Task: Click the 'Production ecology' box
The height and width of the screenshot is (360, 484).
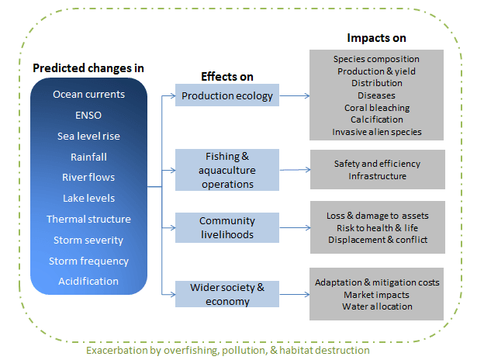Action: click(x=227, y=95)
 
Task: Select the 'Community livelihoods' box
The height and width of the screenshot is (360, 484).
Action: click(x=227, y=227)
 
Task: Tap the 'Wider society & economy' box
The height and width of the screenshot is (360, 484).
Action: click(x=227, y=294)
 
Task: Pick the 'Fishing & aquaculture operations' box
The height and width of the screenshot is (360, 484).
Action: click(x=227, y=170)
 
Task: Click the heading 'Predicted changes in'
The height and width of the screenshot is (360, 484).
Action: click(x=88, y=68)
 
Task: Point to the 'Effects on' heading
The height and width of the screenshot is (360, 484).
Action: click(x=227, y=77)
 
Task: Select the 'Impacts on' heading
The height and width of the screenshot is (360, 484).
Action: click(x=377, y=38)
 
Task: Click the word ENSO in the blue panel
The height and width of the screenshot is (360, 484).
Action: click(x=88, y=115)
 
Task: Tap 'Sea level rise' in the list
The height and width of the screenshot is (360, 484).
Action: click(x=88, y=136)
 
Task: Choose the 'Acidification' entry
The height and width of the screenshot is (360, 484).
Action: click(x=88, y=282)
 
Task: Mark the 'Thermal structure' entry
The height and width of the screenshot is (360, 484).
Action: click(x=88, y=220)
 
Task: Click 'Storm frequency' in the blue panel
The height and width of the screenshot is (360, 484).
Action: click(x=88, y=261)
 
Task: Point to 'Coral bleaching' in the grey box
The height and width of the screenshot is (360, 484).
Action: click(x=377, y=108)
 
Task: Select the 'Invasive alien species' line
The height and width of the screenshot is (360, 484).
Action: click(x=377, y=132)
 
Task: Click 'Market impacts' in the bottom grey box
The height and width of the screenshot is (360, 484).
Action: click(x=377, y=295)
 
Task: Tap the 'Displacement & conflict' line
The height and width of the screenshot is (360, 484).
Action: click(x=378, y=240)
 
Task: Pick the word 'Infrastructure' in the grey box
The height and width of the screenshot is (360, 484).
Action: click(x=378, y=176)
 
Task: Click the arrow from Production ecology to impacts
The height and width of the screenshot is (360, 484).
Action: click(x=295, y=95)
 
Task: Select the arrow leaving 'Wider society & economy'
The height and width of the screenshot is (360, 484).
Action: click(x=295, y=294)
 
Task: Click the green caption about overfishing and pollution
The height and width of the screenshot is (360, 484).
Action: click(x=228, y=351)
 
